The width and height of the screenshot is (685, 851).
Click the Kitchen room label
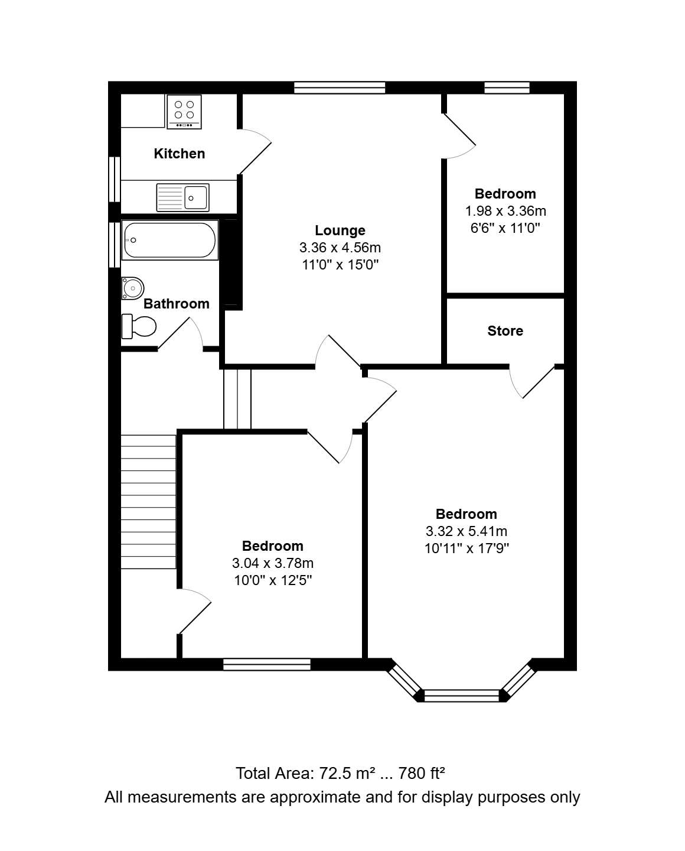point(180,154)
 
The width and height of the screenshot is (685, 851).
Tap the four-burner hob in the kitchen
point(184,112)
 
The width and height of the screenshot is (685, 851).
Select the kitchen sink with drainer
point(182,197)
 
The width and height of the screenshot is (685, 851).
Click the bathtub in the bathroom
point(170,240)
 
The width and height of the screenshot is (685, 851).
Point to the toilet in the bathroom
point(139,327)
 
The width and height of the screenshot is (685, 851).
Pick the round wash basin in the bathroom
point(132,288)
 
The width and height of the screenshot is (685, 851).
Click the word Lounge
point(340,230)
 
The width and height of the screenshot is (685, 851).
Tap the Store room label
point(505,330)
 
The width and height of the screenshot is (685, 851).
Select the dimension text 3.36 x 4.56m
point(340,248)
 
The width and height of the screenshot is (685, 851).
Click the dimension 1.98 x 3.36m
point(505,211)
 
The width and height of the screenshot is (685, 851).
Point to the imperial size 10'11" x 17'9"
point(467,548)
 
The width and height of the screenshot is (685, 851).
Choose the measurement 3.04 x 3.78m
point(273,563)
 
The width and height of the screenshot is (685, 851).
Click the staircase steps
point(148,502)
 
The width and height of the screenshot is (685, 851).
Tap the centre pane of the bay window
point(462,696)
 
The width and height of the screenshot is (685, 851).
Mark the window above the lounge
point(340,87)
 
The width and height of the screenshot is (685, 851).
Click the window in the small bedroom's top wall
point(507,87)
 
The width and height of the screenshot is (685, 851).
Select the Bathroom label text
point(177,304)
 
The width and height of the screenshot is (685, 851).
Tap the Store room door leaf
point(539,382)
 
